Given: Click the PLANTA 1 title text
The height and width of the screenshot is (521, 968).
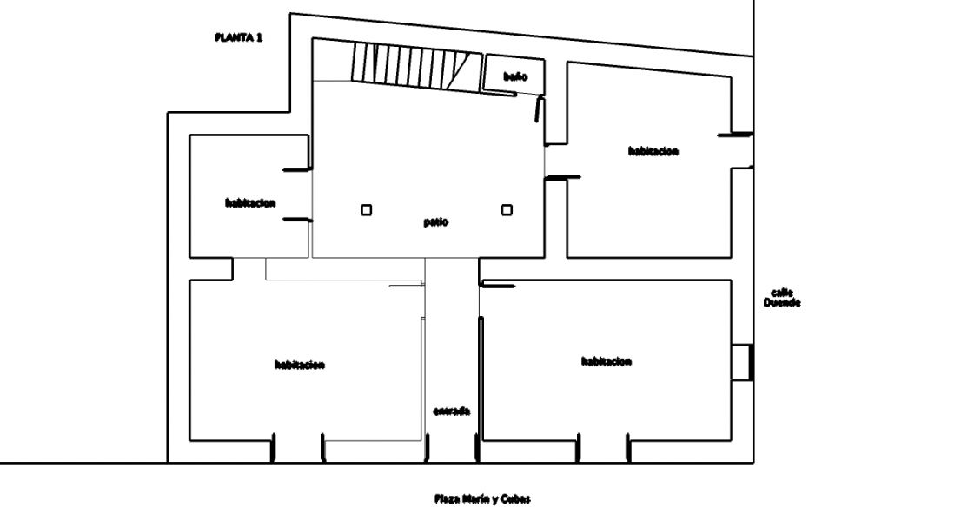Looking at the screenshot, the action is click(x=238, y=37).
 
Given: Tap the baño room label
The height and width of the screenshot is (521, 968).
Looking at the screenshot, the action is click(x=515, y=76).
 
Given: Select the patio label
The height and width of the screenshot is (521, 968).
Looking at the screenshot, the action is click(x=436, y=222).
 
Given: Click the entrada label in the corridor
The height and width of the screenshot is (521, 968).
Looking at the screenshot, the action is click(x=451, y=412).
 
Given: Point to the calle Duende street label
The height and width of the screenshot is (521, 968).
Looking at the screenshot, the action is click(x=782, y=298).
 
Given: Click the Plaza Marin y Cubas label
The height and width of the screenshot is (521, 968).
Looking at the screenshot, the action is click(x=482, y=498).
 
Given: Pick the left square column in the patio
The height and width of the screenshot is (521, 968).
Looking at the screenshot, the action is click(x=366, y=210).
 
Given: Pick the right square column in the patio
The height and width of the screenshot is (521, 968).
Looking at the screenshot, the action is click(x=507, y=210).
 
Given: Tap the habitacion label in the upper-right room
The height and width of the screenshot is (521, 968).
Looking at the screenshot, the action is click(x=653, y=151).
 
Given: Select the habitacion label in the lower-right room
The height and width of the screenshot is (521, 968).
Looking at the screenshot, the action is click(x=607, y=361).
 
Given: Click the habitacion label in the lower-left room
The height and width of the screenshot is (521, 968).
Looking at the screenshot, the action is click(x=300, y=365).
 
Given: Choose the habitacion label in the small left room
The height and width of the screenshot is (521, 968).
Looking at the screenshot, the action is click(x=250, y=203).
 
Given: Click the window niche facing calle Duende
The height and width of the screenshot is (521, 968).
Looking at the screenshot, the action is click(x=742, y=362).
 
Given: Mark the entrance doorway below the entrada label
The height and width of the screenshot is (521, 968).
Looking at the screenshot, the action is click(x=451, y=448).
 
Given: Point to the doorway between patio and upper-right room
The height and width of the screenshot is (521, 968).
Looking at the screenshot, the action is click(x=555, y=162).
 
